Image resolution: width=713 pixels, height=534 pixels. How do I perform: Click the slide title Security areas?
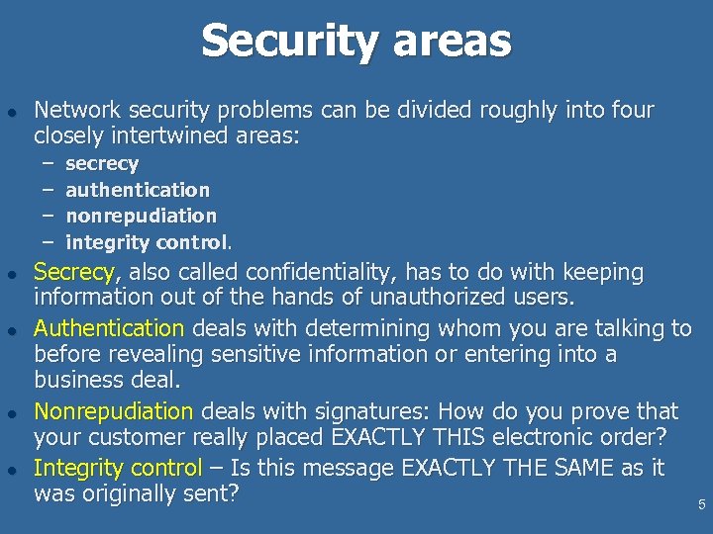(356, 42)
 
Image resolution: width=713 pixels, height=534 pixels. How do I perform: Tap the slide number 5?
(701, 505)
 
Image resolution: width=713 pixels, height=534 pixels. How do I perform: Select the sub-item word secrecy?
(102, 163)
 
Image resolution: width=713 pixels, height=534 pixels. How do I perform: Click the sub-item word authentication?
(138, 189)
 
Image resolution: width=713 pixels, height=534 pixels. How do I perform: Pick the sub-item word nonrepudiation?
(141, 215)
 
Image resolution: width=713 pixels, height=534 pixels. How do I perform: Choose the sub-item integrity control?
(148, 241)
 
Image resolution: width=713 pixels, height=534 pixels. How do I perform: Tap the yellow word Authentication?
(109, 328)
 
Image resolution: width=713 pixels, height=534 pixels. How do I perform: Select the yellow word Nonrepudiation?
(113, 411)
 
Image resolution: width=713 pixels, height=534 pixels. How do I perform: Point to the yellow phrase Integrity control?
(117, 468)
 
